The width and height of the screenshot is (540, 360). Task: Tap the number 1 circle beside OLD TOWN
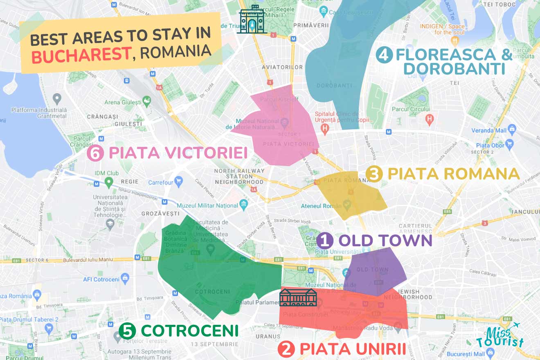coord(324,241)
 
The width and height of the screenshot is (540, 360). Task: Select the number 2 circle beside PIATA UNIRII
coord(286,349)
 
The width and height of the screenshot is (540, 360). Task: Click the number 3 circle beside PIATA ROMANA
coord(374,174)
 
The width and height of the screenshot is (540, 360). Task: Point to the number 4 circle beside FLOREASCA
coord(385,55)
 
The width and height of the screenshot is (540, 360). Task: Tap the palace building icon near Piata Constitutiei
coord(298,297)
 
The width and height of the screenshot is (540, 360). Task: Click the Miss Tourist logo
coord(500,336)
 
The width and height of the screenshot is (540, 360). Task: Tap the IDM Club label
coord(106,173)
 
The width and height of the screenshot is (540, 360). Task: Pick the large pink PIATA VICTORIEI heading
coord(178,153)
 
